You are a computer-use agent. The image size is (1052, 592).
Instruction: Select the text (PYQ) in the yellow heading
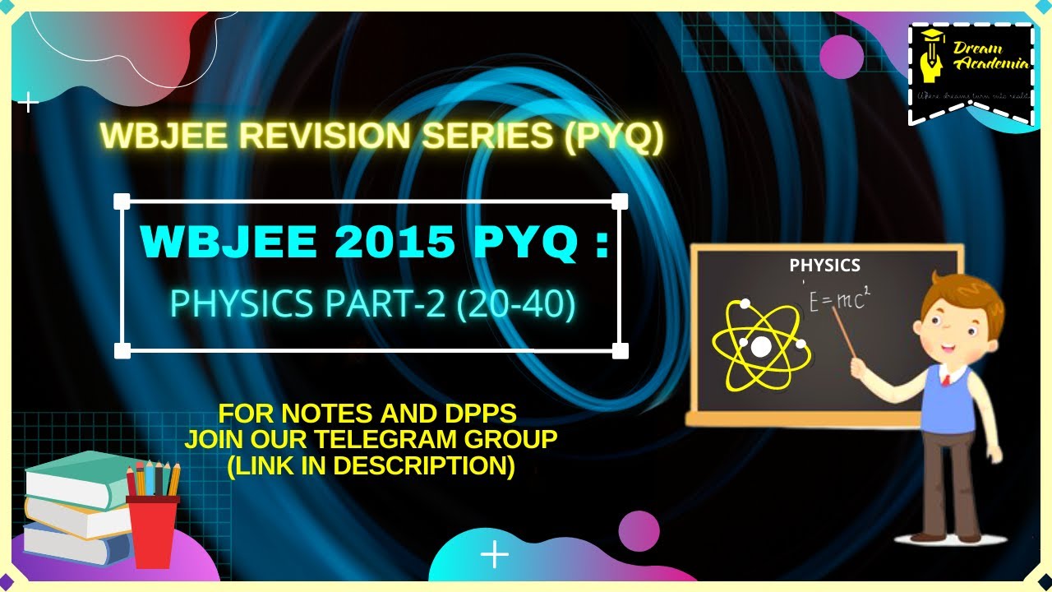tap(615, 136)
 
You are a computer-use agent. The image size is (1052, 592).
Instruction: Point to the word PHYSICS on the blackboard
tap(824, 266)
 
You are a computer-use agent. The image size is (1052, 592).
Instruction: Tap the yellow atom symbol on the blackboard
tap(761, 346)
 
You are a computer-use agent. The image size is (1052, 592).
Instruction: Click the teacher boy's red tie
tap(945, 380)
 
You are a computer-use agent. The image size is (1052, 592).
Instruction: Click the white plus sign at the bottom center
tap(495, 555)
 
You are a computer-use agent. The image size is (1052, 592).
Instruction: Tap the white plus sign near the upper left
tap(29, 104)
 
